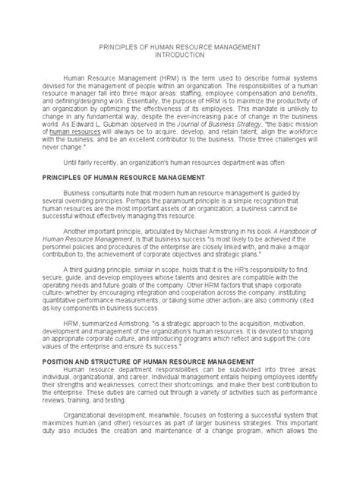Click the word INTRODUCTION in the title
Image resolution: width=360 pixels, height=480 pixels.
coord(180,55)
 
